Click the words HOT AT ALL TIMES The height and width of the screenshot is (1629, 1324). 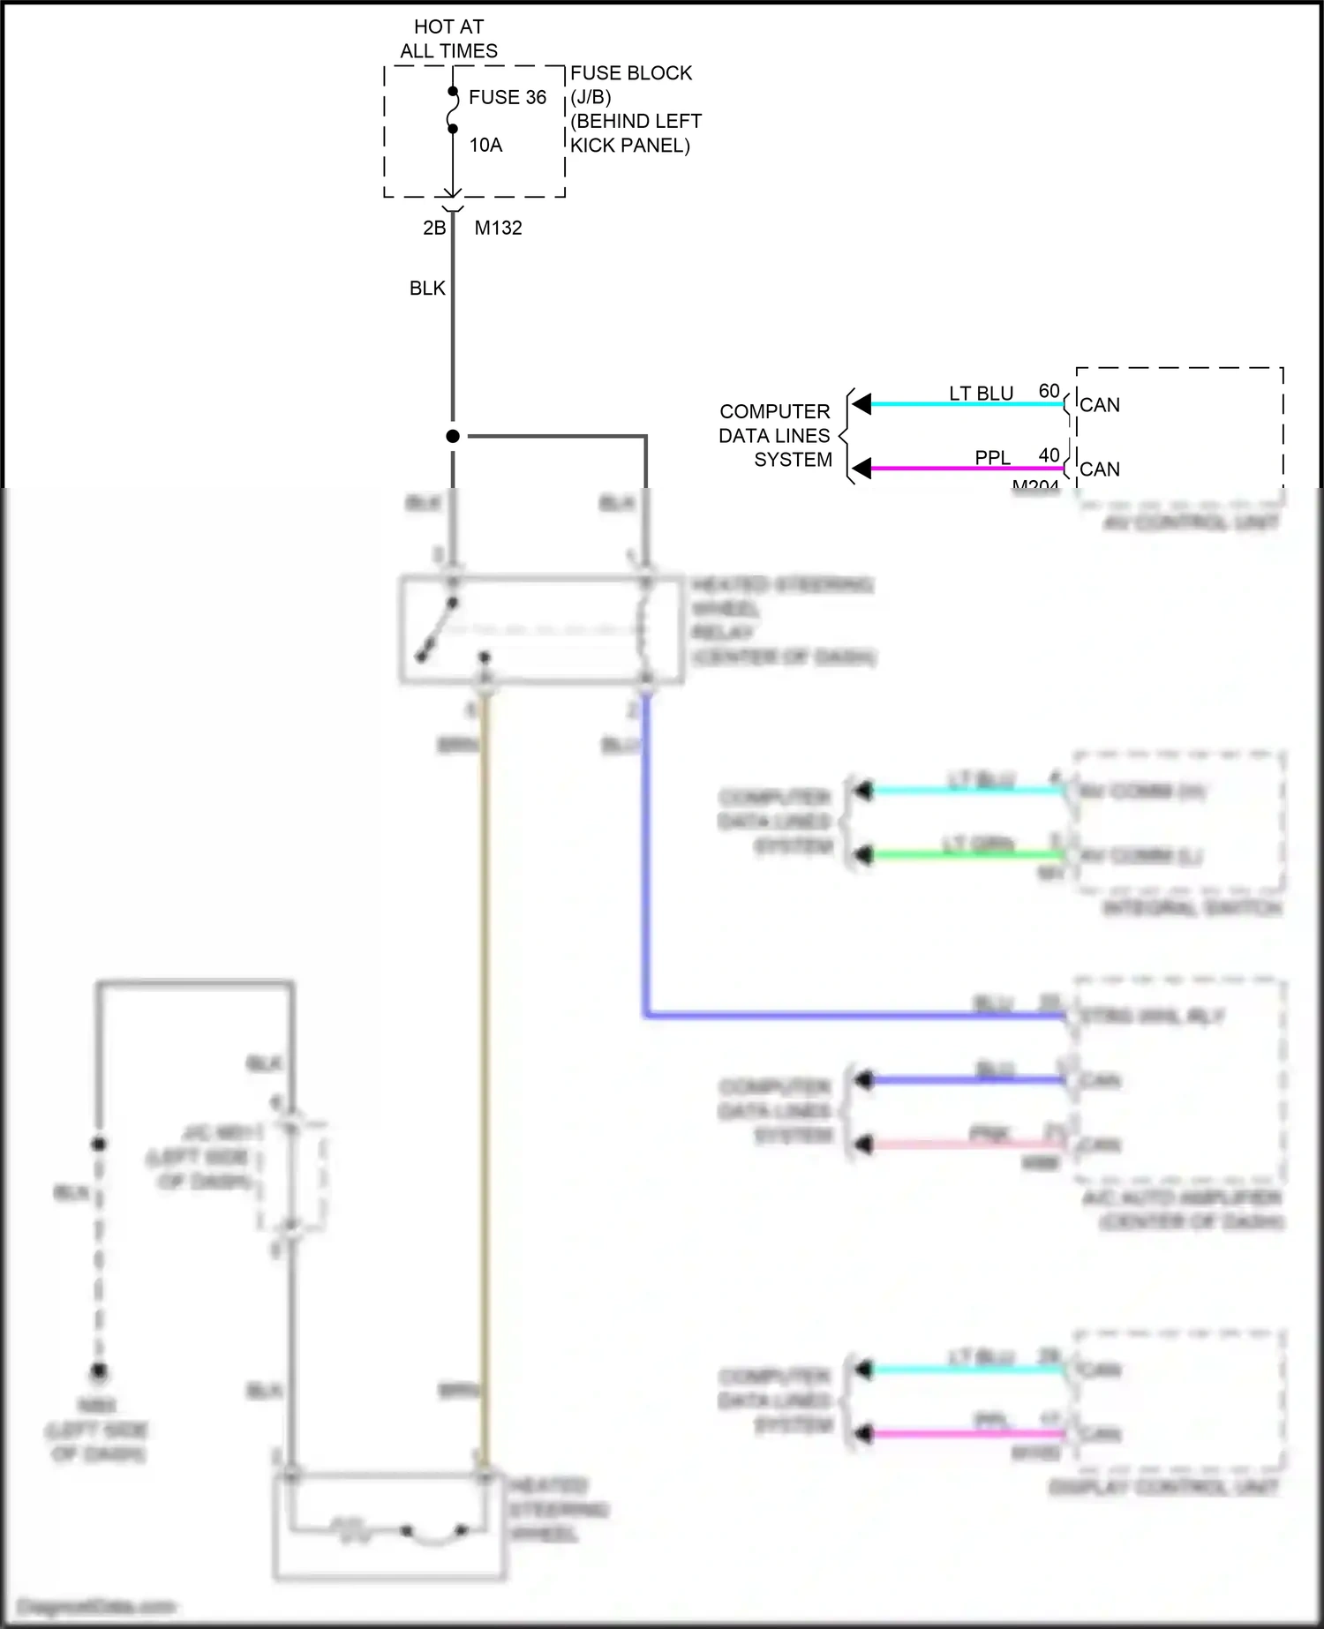click(x=448, y=39)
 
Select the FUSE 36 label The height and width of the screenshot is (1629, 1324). click(x=508, y=97)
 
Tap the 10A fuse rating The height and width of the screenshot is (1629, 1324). click(x=485, y=145)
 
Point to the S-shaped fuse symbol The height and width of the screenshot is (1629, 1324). click(x=453, y=110)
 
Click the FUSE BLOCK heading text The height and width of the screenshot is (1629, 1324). click(x=631, y=73)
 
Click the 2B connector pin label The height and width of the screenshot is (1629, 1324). click(x=434, y=228)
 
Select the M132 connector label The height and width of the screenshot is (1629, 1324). click(x=498, y=228)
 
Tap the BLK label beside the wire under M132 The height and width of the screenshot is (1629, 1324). click(x=427, y=289)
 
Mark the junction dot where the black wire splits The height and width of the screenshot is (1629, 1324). click(x=453, y=436)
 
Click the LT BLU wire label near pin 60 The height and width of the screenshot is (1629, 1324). click(x=981, y=394)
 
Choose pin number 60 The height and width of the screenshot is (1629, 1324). click(x=1049, y=391)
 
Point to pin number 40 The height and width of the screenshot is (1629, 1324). click(x=1049, y=455)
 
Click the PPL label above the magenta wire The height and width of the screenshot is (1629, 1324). click(x=992, y=458)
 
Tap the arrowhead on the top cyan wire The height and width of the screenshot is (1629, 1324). click(x=861, y=404)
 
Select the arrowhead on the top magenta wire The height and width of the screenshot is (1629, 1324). click(x=861, y=469)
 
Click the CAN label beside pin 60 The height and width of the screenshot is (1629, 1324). click(x=1100, y=405)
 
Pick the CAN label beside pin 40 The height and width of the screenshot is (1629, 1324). click(x=1100, y=469)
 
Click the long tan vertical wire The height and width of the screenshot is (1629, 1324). click(x=483, y=1059)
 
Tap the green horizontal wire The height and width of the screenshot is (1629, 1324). click(x=962, y=855)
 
